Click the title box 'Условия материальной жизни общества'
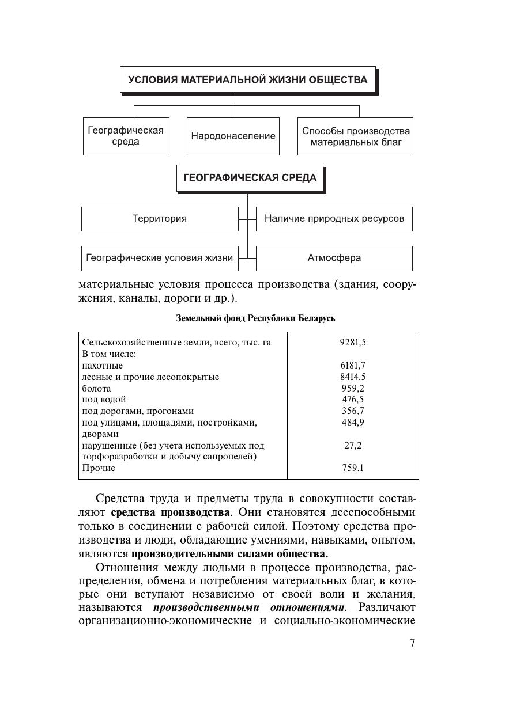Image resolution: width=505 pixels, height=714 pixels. pyautogui.click(x=247, y=79)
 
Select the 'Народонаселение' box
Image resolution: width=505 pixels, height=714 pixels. pyautogui.click(x=233, y=136)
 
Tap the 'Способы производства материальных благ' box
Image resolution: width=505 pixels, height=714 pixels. pyautogui.click(x=355, y=136)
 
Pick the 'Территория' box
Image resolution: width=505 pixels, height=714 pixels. pyautogui.click(x=160, y=219)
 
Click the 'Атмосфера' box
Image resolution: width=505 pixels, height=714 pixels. pyautogui.click(x=334, y=258)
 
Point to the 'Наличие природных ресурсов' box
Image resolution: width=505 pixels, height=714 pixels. pyautogui.click(x=334, y=219)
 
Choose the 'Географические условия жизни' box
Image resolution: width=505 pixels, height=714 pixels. pyautogui.click(x=160, y=258)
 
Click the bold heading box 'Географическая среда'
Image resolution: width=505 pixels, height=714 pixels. pyautogui.click(x=250, y=178)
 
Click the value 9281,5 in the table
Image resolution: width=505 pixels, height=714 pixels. pyautogui.click(x=353, y=342)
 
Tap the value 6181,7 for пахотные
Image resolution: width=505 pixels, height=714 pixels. pyautogui.click(x=353, y=365)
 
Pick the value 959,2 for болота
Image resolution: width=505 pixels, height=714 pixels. pyautogui.click(x=353, y=388)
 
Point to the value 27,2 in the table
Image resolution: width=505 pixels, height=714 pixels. pyautogui.click(x=353, y=445)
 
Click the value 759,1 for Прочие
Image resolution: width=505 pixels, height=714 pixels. pyautogui.click(x=353, y=468)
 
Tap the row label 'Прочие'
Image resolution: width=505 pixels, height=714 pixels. pyautogui.click(x=99, y=468)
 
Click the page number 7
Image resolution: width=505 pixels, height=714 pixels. pyautogui.click(x=412, y=643)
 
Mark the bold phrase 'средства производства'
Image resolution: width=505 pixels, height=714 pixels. pyautogui.click(x=170, y=512)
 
